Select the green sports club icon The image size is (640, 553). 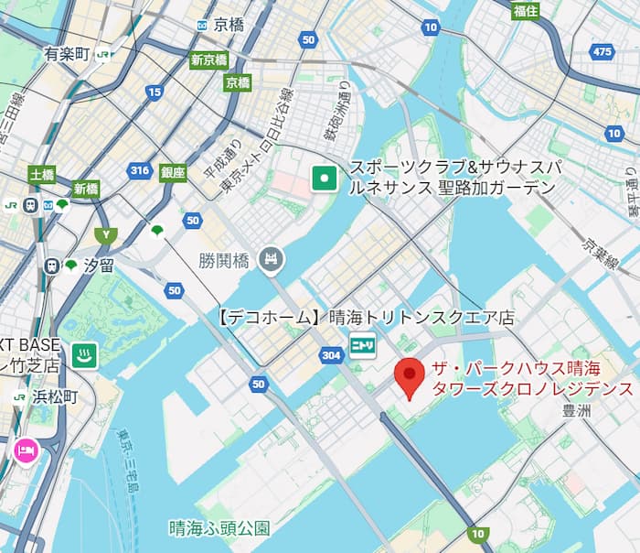[322, 178]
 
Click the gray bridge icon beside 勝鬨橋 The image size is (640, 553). [270, 260]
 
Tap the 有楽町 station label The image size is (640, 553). [66, 54]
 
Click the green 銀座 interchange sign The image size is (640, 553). [173, 172]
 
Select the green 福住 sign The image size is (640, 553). [525, 11]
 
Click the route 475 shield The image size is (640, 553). [602, 52]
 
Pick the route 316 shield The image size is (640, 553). [140, 170]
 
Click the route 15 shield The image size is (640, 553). [155, 92]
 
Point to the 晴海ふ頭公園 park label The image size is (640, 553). [219, 528]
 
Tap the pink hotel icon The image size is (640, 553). [24, 450]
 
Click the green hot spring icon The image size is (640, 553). [85, 354]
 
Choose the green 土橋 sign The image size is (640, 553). [41, 174]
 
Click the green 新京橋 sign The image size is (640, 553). [208, 61]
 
